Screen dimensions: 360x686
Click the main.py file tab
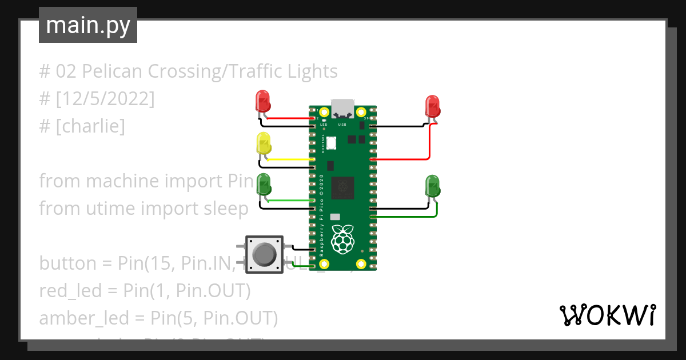pos(87,25)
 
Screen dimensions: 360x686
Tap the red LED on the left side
pos(262,101)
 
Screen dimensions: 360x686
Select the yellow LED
pos(263,143)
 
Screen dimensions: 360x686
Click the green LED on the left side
pos(264,185)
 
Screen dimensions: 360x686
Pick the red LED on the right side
pos(432,106)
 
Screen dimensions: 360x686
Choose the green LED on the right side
pos(432,186)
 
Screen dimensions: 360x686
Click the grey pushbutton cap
pos(264,254)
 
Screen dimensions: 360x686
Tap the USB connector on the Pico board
pos(342,107)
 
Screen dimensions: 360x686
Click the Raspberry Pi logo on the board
pos(342,239)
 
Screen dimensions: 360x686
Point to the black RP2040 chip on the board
pos(343,187)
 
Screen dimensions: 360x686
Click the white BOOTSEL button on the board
pos(331,143)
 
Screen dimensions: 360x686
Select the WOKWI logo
pos(607,315)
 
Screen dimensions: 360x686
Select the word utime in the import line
pos(110,209)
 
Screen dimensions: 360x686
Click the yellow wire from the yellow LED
pos(292,159)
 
